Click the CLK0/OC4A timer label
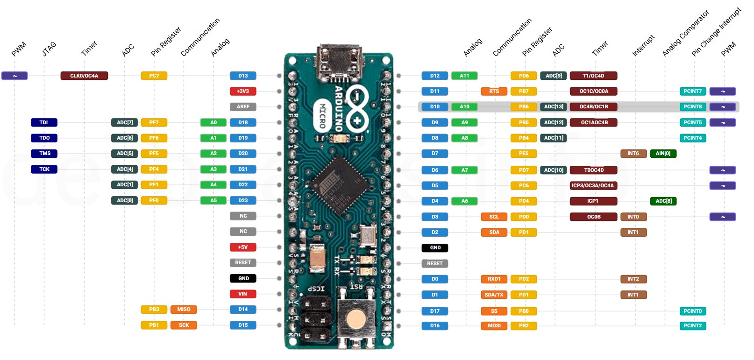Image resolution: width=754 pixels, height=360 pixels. (84, 76)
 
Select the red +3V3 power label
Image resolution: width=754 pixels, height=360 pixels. (242, 92)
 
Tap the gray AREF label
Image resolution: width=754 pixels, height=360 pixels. (243, 107)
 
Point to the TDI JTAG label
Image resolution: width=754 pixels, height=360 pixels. (44, 122)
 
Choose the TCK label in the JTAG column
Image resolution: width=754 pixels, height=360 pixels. (44, 169)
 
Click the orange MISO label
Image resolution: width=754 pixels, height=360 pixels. (184, 309)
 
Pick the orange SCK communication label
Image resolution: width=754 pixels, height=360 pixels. (184, 325)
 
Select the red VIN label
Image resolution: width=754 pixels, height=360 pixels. (242, 294)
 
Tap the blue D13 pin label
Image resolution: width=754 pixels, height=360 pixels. (243, 76)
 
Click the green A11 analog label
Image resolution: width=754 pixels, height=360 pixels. (464, 76)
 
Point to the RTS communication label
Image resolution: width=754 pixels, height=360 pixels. (494, 92)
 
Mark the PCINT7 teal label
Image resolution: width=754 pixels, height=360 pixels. (692, 92)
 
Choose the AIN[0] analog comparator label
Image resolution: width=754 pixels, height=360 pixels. (663, 154)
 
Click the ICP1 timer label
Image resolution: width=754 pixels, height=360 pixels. (593, 201)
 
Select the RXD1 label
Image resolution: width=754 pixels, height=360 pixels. (494, 279)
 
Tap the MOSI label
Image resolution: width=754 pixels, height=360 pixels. (494, 326)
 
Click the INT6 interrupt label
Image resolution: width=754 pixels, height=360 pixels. (633, 154)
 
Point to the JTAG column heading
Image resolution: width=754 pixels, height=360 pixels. (49, 49)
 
